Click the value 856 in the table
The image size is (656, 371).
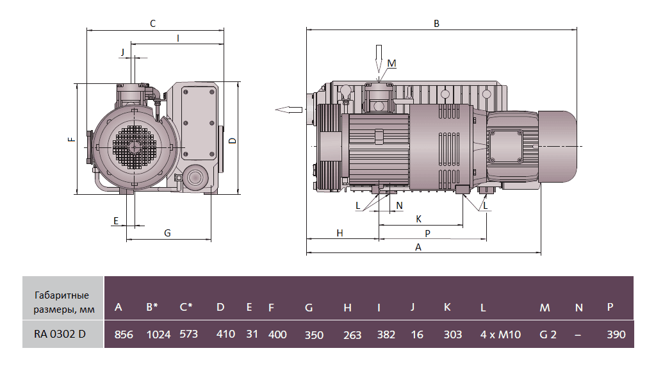coord(124,334)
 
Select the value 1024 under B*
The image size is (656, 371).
coord(158,334)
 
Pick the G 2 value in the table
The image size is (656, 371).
coord(548,334)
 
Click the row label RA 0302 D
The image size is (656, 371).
coord(60,334)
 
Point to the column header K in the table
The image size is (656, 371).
coord(447,308)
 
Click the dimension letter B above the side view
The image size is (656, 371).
coord(436,23)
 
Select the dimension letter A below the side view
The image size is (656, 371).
coord(418,247)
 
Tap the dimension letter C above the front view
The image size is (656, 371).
coord(152,23)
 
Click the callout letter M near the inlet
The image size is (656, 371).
coord(392,63)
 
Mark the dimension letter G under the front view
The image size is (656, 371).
coord(167,233)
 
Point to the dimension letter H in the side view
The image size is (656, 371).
coord(340,233)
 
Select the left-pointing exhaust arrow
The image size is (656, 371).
coord(289,110)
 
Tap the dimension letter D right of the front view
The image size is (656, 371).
coord(233,140)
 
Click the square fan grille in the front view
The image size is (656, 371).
coord(134,147)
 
